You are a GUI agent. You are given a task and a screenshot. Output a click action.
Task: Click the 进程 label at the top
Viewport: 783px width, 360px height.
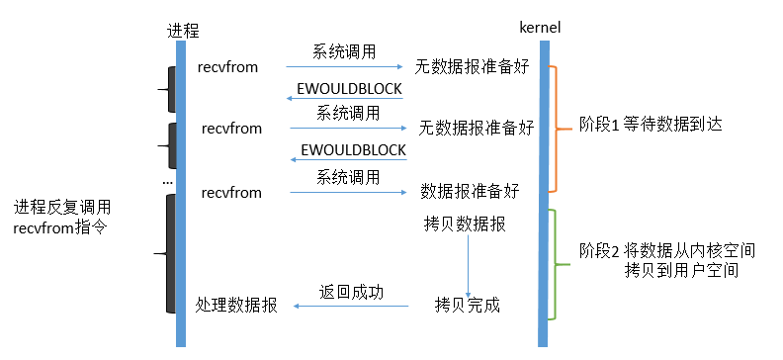click(x=182, y=31)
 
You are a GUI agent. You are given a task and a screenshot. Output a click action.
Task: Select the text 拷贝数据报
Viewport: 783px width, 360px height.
click(x=464, y=225)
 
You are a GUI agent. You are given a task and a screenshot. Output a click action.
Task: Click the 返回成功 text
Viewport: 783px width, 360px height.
click(x=350, y=292)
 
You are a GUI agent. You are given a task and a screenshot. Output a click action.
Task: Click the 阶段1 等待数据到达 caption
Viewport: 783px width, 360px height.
click(x=641, y=127)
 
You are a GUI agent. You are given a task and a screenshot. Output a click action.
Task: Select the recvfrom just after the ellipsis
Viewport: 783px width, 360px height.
click(x=231, y=192)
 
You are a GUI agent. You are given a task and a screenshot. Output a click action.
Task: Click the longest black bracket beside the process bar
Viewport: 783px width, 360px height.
click(x=170, y=255)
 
